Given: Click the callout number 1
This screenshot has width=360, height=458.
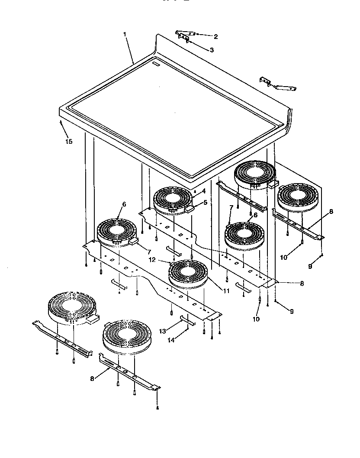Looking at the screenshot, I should (x=125, y=34).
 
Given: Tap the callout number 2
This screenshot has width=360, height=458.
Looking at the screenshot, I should (x=215, y=37).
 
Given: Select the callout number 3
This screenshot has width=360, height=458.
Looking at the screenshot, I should (x=212, y=50).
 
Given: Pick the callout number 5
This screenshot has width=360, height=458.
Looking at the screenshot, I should (x=206, y=202).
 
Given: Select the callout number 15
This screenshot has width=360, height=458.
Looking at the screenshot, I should (x=69, y=142).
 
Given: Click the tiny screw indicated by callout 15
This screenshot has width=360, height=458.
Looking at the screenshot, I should (x=61, y=123).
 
